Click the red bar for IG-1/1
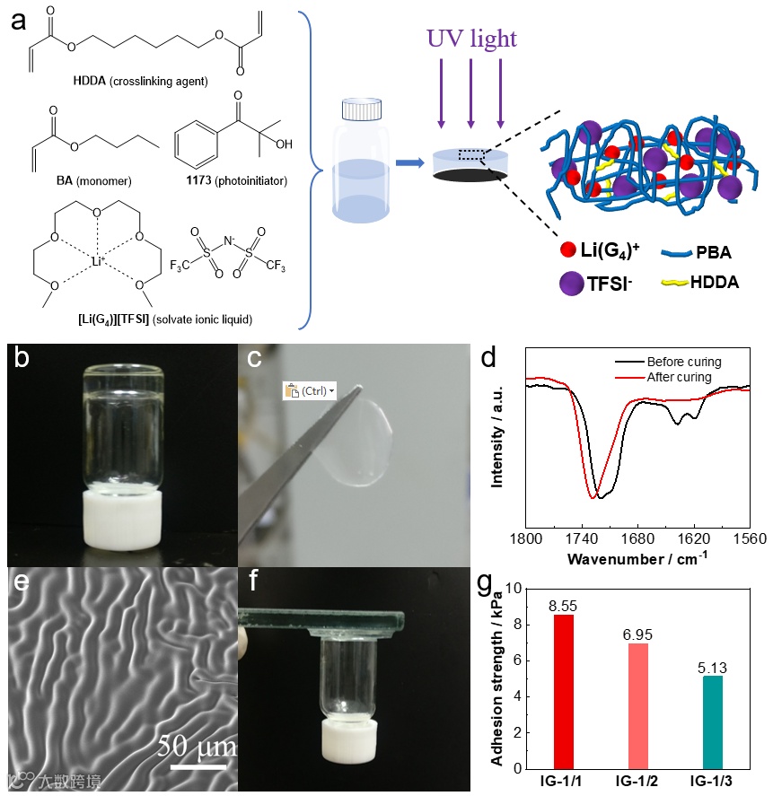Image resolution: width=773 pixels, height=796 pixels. (x=564, y=691)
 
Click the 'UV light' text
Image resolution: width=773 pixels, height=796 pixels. (x=471, y=39)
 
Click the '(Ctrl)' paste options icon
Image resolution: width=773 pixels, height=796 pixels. (x=308, y=391)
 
